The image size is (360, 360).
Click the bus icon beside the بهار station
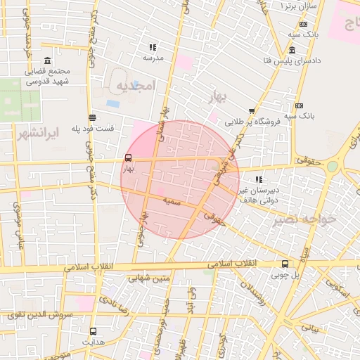128,158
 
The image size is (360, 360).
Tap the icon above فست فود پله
92,117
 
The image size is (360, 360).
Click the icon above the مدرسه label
153,48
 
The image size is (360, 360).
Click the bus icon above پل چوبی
284,264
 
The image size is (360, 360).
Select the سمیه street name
172,201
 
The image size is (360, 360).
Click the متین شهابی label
151,278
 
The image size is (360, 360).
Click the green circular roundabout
332,167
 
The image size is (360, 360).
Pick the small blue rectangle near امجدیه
112,103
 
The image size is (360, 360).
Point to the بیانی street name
310,328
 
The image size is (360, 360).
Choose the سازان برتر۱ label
299,6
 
